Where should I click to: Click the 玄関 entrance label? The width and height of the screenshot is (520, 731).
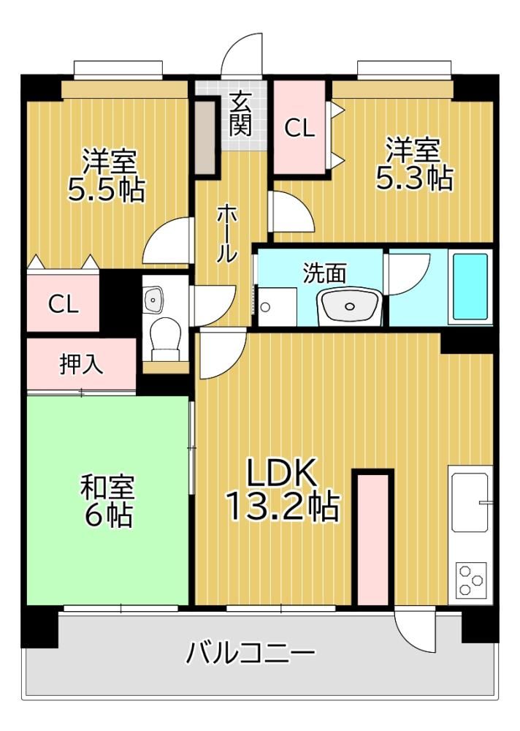(x=240, y=114)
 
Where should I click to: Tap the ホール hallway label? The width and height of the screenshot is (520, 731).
(x=227, y=233)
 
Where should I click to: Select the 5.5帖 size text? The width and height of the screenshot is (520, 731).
(x=106, y=189)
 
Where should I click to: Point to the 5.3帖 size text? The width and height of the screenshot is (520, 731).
(x=414, y=178)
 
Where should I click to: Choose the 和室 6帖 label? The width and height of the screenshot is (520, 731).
(x=107, y=501)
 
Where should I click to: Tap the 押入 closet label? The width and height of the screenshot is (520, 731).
(x=82, y=363)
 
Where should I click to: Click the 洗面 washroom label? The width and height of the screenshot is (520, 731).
(x=324, y=273)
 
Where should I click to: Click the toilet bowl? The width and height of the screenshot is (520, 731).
(x=166, y=336)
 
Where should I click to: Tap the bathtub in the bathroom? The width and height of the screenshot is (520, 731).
(x=470, y=287)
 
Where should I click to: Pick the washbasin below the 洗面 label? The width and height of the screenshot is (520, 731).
(x=348, y=306)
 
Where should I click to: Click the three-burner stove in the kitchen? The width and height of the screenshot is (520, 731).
(x=470, y=580)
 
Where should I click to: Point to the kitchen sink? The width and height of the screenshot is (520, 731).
(x=469, y=502)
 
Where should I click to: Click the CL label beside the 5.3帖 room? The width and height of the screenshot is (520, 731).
(x=299, y=127)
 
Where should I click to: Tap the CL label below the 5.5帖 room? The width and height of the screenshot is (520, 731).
(x=63, y=304)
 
